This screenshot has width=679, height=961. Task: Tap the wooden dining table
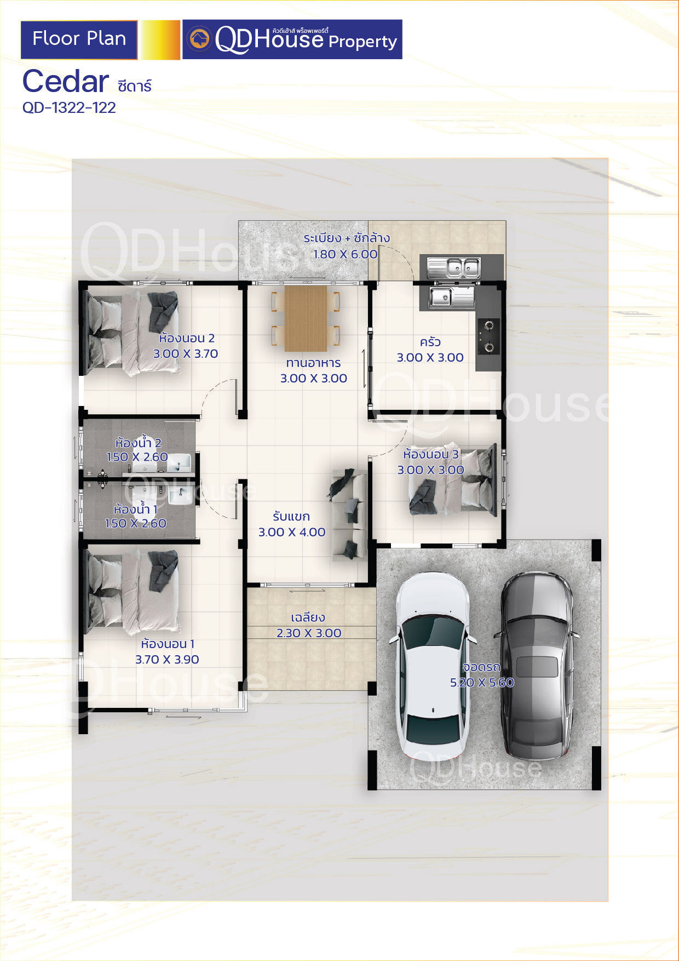[306, 318]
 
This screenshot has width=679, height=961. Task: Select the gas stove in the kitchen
[488, 336]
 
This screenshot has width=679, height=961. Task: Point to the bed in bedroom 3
[453, 480]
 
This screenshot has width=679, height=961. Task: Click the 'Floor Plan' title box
[79, 39]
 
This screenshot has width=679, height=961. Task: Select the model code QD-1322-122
[69, 107]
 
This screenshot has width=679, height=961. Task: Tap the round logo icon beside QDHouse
[199, 39]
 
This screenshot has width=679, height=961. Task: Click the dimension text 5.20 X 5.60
[482, 682]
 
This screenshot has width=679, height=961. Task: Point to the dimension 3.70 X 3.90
[167, 659]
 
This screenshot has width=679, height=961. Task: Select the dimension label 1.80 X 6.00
[346, 254]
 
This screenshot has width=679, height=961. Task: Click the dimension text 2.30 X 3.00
[309, 633]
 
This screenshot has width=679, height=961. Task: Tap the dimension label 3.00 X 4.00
[292, 532]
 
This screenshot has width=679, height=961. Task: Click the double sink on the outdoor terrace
[454, 268]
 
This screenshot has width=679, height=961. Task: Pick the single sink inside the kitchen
[452, 297]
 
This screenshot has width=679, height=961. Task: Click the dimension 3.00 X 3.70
[186, 353]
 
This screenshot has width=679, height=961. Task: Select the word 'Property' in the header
[362, 42]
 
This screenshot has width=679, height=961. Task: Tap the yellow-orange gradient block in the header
[160, 40]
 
